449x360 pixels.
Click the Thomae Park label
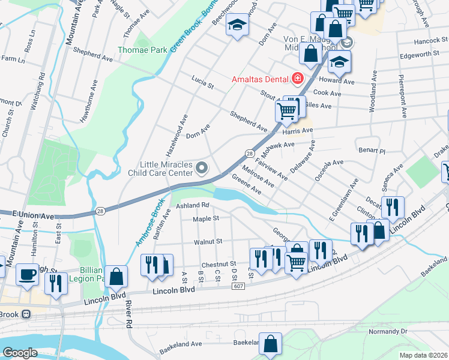(142, 50)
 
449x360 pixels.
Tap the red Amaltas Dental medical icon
(297, 79)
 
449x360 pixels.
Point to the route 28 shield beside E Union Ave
(101, 211)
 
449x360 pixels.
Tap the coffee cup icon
(27, 274)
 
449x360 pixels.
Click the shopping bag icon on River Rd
(117, 276)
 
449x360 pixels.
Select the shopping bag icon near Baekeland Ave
(271, 344)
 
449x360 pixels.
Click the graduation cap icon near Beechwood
(238, 25)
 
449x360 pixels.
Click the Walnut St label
(208, 241)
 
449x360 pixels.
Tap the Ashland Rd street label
(191, 205)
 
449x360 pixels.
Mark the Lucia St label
(202, 82)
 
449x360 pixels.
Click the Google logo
(20, 353)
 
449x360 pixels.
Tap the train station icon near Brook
(26, 314)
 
